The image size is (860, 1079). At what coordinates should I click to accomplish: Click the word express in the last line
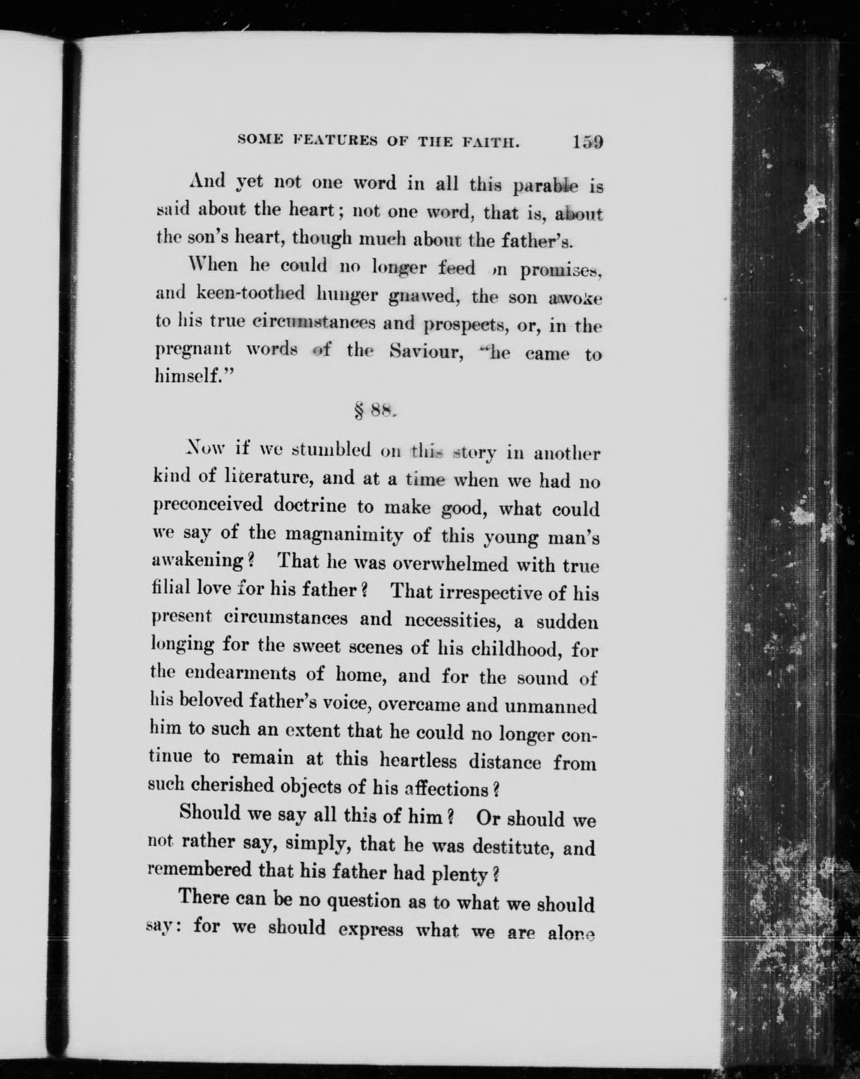(x=370, y=929)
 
